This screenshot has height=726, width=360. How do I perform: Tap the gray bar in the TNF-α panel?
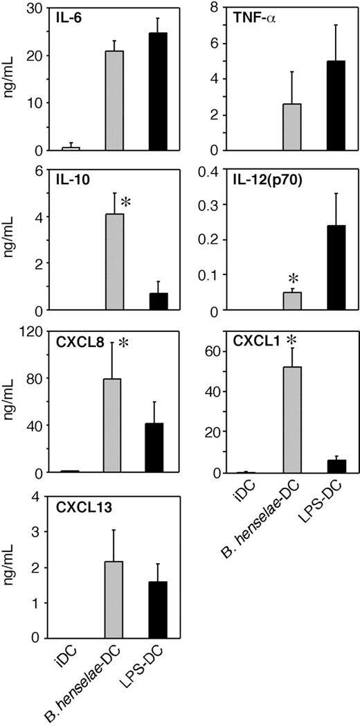[293, 127]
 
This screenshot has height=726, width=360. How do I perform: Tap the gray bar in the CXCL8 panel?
[112, 425]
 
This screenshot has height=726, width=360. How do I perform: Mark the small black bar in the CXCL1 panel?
[336, 466]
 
